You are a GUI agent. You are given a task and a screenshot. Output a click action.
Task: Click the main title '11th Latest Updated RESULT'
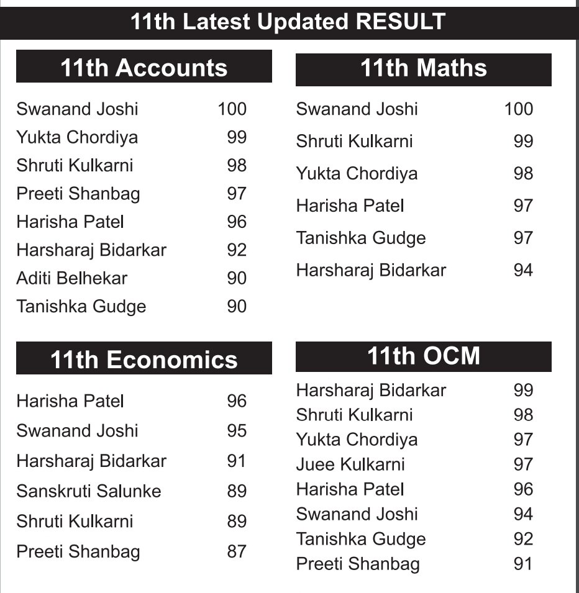click(x=288, y=22)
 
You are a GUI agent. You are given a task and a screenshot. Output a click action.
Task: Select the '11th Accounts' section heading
click(x=144, y=68)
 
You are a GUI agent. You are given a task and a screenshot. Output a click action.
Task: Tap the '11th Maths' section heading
click(x=423, y=68)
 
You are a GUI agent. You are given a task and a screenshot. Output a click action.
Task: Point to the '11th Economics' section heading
click(x=144, y=360)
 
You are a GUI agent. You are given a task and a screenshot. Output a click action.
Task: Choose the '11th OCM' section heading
click(x=423, y=356)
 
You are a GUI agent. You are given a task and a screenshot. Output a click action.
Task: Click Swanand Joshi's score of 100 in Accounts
click(x=232, y=109)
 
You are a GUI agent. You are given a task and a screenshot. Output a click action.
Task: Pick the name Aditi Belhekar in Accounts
click(x=71, y=278)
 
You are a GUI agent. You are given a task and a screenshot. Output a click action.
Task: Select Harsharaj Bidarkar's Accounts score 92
click(x=237, y=250)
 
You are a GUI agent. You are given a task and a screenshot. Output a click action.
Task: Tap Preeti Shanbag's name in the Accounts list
click(x=78, y=194)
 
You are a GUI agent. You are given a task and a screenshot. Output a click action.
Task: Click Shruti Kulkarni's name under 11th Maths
click(x=354, y=142)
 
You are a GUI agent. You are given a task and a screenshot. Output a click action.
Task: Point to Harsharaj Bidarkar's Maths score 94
click(x=523, y=270)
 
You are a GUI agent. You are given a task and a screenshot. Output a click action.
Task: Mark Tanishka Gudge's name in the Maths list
click(x=360, y=238)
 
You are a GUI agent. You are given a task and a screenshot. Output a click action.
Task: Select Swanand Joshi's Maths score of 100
click(x=518, y=109)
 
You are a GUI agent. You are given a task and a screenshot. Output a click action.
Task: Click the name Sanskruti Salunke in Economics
click(x=89, y=491)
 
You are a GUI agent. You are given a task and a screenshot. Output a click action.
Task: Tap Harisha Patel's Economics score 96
click(x=237, y=401)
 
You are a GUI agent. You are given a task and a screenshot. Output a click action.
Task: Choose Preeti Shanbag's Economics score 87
click(x=237, y=551)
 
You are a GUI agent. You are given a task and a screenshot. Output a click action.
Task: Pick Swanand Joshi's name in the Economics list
click(x=77, y=431)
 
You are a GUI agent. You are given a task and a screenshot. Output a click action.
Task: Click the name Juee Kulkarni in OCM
click(x=350, y=464)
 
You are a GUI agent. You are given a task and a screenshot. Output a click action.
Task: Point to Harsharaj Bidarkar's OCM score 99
click(x=523, y=390)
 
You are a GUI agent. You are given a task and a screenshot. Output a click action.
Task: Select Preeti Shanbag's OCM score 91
click(x=523, y=564)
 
